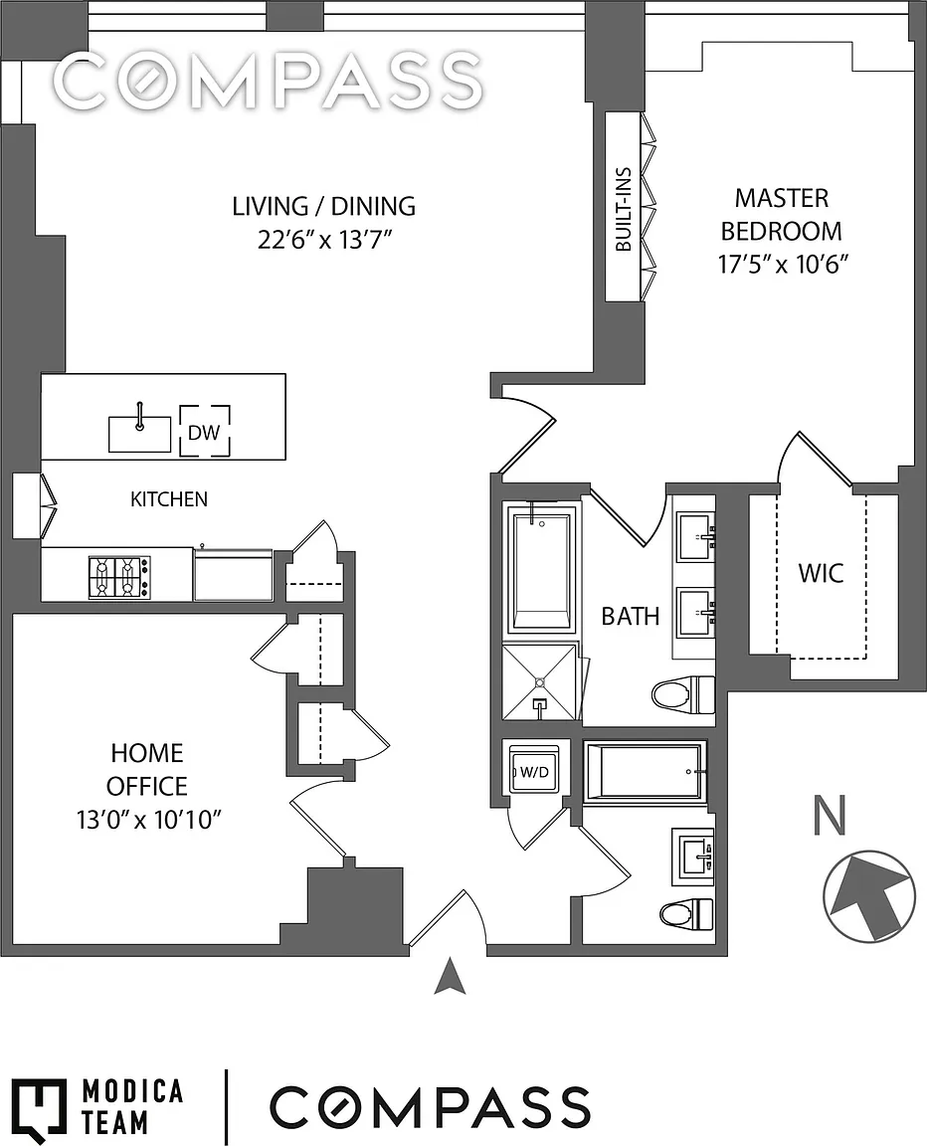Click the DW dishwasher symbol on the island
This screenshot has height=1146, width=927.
[205, 431]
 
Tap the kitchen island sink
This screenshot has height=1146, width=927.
[139, 433]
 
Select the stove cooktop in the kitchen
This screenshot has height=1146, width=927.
[118, 575]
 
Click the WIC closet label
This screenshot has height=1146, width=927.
[822, 573]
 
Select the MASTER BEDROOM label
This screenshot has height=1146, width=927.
[781, 214]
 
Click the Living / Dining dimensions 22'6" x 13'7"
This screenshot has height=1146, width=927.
[323, 240]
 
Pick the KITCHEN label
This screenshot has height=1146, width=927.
[169, 498]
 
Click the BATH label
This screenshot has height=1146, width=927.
[630, 616]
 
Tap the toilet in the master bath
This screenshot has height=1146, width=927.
[685, 692]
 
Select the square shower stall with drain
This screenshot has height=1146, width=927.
[540, 682]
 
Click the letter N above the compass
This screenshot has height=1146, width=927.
[830, 817]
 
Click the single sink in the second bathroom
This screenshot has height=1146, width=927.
[694, 855]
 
